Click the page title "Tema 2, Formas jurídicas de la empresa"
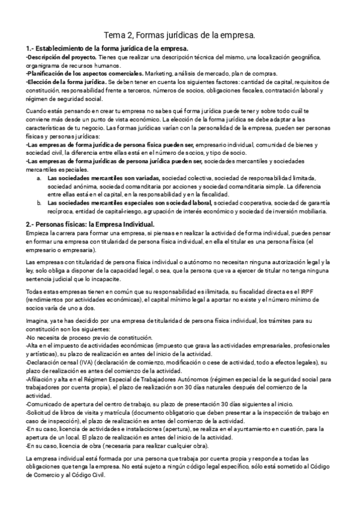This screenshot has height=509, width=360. [180, 35]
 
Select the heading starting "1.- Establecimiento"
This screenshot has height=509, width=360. [108, 49]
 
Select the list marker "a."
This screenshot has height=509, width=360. [40, 178]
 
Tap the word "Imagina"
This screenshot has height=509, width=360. [38, 322]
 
